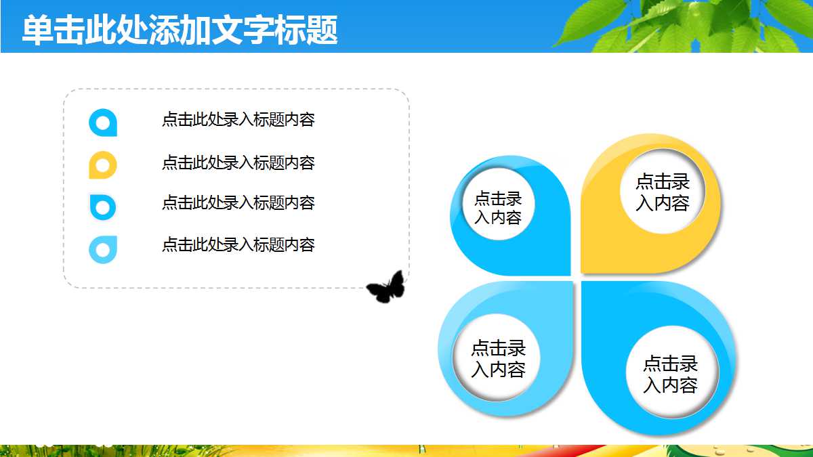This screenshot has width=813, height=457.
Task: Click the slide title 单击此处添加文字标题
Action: tap(180, 30)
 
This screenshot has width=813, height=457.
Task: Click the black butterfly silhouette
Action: tap(386, 287)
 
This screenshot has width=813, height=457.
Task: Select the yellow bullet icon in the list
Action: tap(103, 165)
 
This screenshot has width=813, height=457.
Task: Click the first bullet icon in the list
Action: tap(103, 123)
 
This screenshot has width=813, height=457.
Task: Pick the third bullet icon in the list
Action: tap(103, 206)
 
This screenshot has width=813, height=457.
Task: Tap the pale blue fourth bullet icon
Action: tap(103, 250)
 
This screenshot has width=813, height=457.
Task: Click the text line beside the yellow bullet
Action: tap(238, 162)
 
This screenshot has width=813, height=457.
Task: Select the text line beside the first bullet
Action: tap(238, 120)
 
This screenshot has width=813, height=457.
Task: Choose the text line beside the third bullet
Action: tap(238, 202)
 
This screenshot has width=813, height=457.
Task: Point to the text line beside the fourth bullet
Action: tap(238, 244)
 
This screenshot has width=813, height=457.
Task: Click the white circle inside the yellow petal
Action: tap(663, 192)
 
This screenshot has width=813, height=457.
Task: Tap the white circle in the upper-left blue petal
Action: tap(498, 208)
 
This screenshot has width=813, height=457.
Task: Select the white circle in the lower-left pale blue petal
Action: tap(498, 357)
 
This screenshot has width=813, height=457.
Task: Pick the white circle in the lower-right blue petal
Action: tap(670, 374)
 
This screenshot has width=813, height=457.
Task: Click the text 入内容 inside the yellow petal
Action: tap(663, 203)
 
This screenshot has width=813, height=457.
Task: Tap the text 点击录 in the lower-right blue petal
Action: tap(670, 364)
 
